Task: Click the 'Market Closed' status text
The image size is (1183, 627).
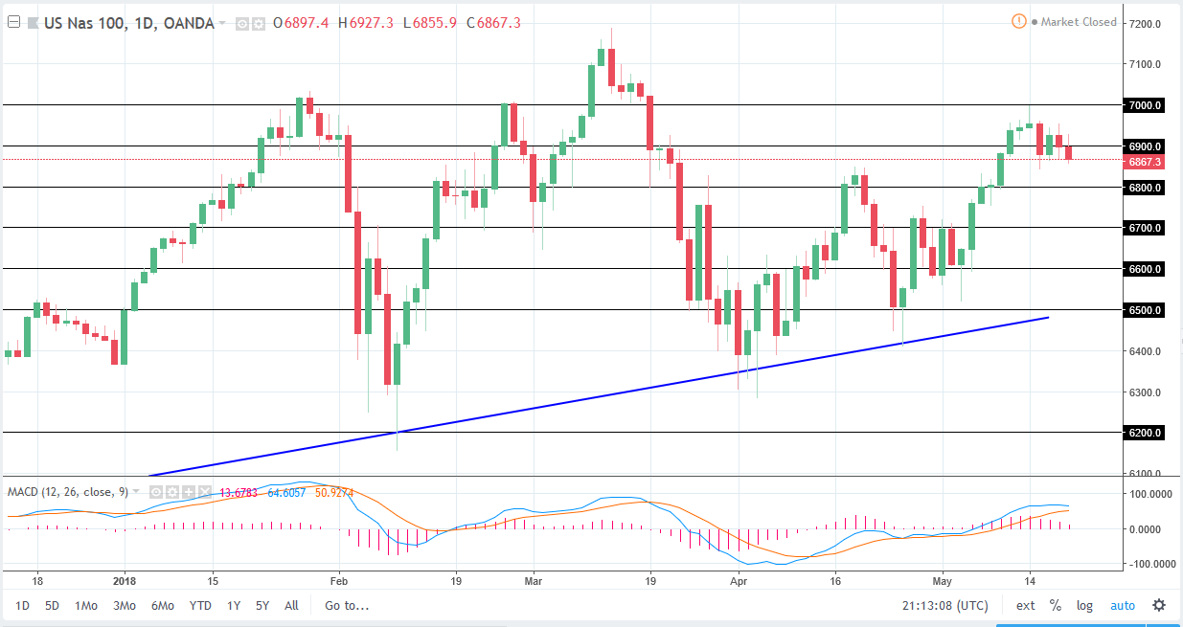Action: pyautogui.click(x=1078, y=22)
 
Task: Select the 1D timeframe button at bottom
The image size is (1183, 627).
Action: pyautogui.click(x=23, y=605)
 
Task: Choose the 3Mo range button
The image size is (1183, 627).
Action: pyautogui.click(x=124, y=605)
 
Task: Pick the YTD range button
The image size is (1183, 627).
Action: pyautogui.click(x=200, y=605)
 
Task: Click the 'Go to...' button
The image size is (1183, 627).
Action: pyautogui.click(x=346, y=605)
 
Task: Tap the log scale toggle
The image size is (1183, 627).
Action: pyautogui.click(x=1084, y=605)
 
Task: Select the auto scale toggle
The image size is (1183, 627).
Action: pyautogui.click(x=1122, y=605)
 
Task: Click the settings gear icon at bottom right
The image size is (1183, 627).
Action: pyautogui.click(x=1159, y=605)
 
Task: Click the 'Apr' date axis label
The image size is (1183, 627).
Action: pyautogui.click(x=738, y=580)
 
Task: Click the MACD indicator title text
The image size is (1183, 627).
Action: pyautogui.click(x=67, y=491)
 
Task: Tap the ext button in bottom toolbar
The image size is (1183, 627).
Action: pyautogui.click(x=1025, y=605)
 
